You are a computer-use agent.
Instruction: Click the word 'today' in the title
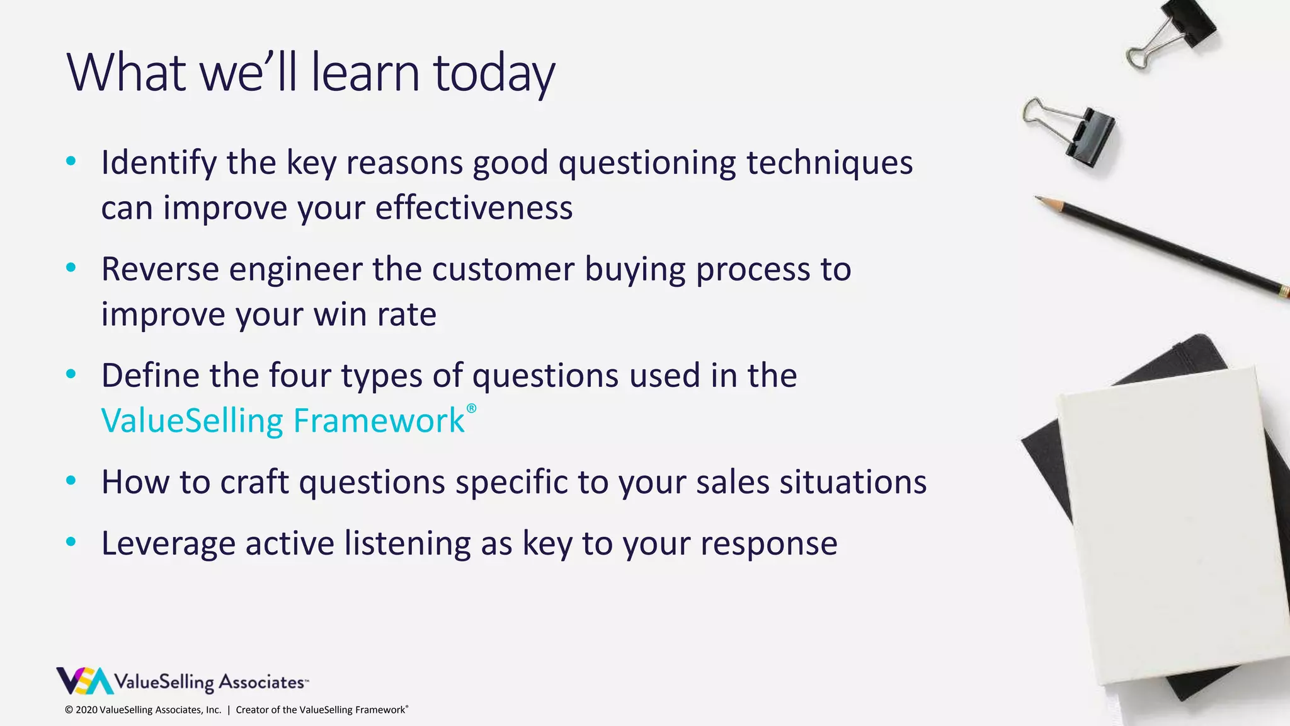pyautogui.click(x=494, y=73)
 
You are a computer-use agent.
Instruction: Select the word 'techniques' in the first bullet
pyautogui.click(x=829, y=163)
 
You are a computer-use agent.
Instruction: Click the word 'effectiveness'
pyautogui.click(x=474, y=208)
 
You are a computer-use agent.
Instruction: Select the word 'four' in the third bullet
pyautogui.click(x=300, y=376)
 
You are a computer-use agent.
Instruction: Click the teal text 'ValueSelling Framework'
pyautogui.click(x=283, y=420)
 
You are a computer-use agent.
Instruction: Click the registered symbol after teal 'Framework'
pyautogui.click(x=471, y=409)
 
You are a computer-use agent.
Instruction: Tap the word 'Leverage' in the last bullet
pyautogui.click(x=168, y=543)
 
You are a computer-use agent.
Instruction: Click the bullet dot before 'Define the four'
pyautogui.click(x=71, y=374)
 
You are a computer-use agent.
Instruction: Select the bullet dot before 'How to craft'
pyautogui.click(x=71, y=481)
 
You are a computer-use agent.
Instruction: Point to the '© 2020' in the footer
pyautogui.click(x=81, y=710)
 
